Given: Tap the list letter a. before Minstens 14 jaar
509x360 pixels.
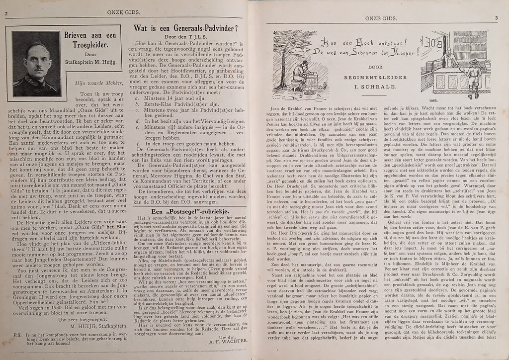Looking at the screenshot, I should [x=137, y=98].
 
